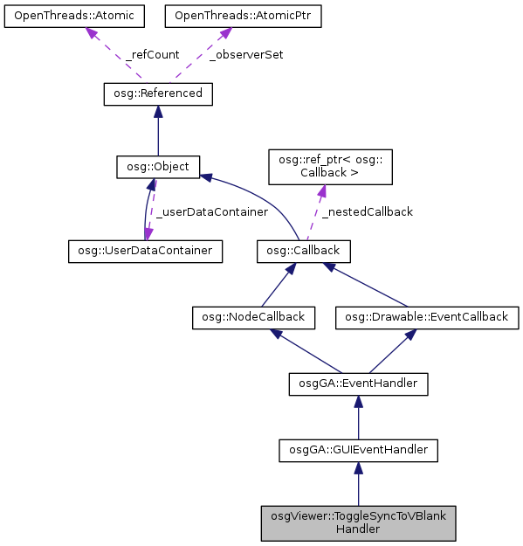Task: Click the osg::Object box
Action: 158,166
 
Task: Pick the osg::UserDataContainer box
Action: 145,251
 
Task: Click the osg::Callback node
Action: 304,251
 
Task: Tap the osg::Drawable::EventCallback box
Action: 428,317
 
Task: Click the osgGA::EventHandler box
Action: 357,383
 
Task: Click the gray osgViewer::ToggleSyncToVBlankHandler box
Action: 357,522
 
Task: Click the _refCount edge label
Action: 153,54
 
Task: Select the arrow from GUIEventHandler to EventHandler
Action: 357,416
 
